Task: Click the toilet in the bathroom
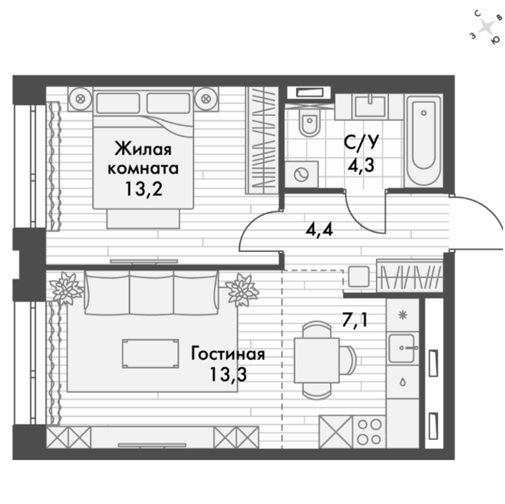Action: pos(309,124)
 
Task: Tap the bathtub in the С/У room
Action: pos(424,140)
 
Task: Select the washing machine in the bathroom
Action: pos(301,174)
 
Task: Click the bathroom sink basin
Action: pos(370,107)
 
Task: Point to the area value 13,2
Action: pos(143,189)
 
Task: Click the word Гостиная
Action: pos(228,354)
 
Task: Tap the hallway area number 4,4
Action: pos(319,230)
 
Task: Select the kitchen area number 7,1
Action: pos(354,320)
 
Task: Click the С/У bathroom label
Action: pos(361,142)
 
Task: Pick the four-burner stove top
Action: pos(370,432)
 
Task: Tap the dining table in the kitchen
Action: pos(316,360)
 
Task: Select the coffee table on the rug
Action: pos(151,354)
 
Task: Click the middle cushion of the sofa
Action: pos(152,292)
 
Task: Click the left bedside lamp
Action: pos(80,99)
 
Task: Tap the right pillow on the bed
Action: pos(169,103)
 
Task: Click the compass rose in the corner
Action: pos(486,27)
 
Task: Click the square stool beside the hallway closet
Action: pos(359,276)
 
